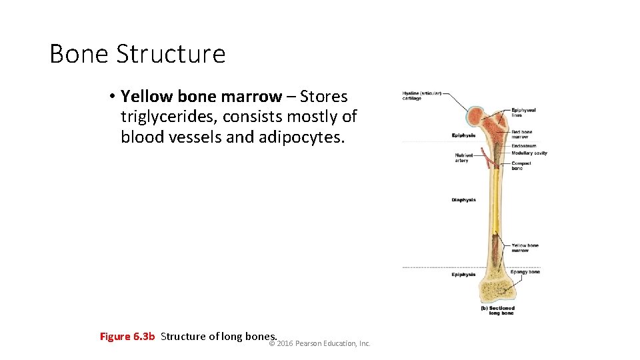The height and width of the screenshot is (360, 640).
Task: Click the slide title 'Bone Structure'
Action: [x=137, y=54]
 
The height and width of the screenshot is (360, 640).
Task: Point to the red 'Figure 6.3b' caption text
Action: [x=127, y=337]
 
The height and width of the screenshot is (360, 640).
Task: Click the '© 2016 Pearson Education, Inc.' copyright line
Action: [x=319, y=343]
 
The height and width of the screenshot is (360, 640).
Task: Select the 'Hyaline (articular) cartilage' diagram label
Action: [x=421, y=95]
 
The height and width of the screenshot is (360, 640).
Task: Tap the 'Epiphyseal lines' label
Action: [x=523, y=113]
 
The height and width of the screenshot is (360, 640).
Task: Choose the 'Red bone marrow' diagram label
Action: [x=522, y=135]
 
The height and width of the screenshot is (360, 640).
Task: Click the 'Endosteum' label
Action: [x=524, y=146]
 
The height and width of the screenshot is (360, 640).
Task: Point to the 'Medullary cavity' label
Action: [x=529, y=153]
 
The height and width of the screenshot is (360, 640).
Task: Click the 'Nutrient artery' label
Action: [x=462, y=158]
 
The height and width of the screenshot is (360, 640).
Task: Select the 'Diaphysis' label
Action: [x=463, y=200]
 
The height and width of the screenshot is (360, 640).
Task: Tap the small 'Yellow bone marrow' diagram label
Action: [x=525, y=248]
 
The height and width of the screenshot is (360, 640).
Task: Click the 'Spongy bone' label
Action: [x=525, y=272]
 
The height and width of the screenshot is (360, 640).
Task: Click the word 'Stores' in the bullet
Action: [x=324, y=97]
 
